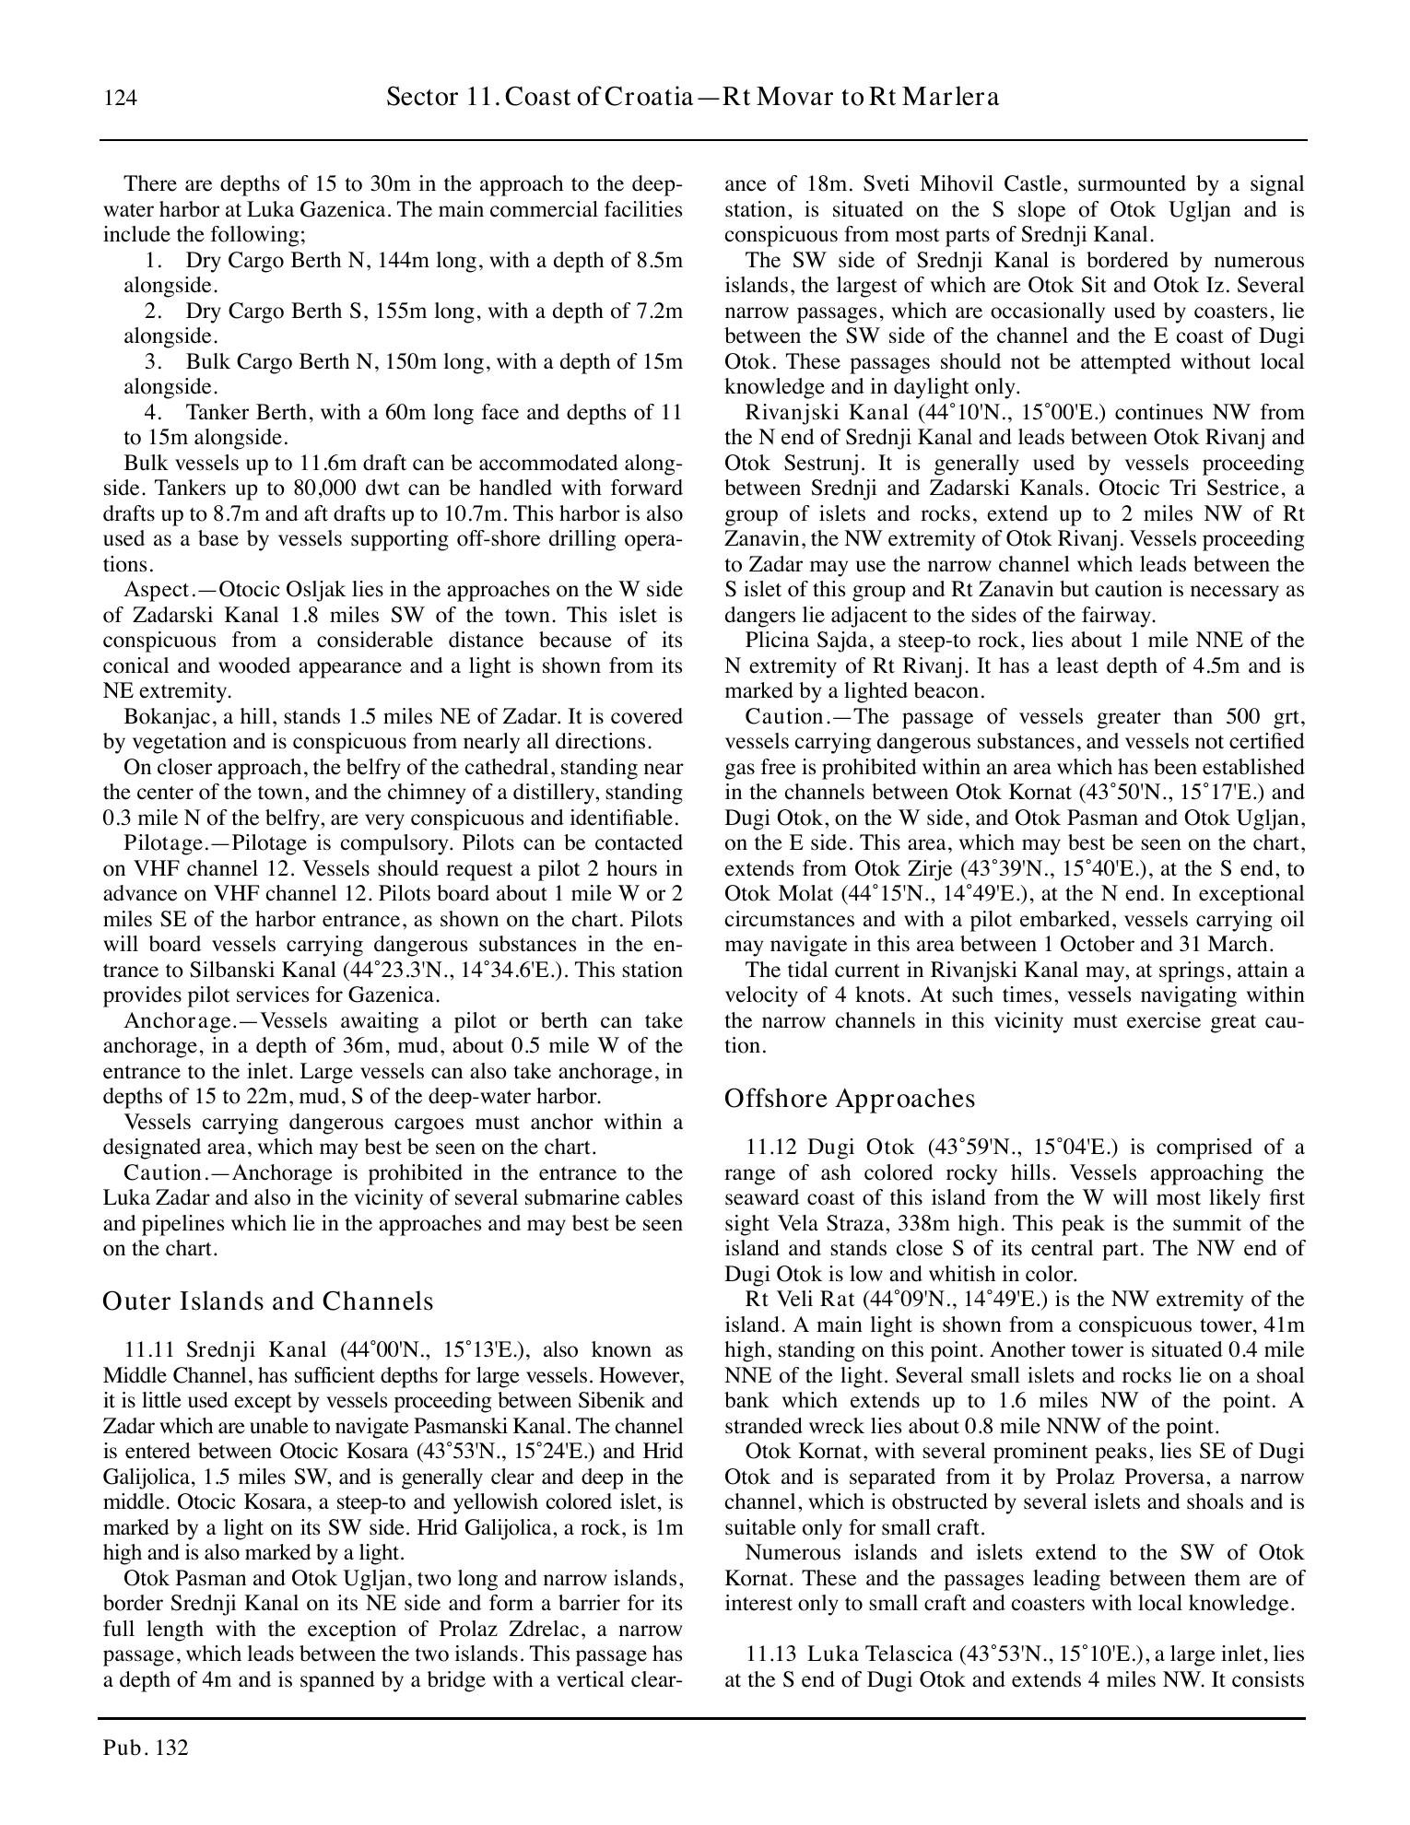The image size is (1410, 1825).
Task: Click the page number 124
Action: click(x=121, y=99)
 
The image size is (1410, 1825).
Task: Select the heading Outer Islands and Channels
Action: click(x=267, y=1301)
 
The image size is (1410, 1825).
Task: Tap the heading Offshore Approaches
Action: click(x=849, y=1099)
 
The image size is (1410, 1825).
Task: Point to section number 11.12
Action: click(x=772, y=1148)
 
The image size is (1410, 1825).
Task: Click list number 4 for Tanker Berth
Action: click(x=153, y=412)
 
